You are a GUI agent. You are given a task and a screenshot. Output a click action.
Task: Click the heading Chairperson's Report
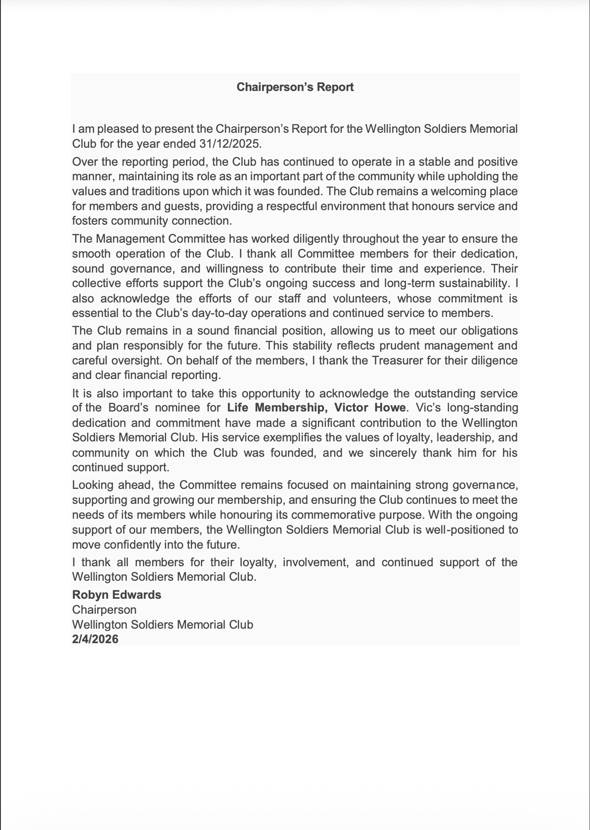tap(295, 87)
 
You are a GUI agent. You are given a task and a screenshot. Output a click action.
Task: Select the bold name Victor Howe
tap(370, 408)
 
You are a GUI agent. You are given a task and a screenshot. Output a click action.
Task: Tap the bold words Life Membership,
tap(277, 408)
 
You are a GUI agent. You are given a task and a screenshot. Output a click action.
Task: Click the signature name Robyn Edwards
tap(117, 595)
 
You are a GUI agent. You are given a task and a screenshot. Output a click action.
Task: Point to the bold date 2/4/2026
tap(95, 639)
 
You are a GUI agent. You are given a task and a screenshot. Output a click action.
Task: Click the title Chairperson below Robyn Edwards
tap(104, 610)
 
